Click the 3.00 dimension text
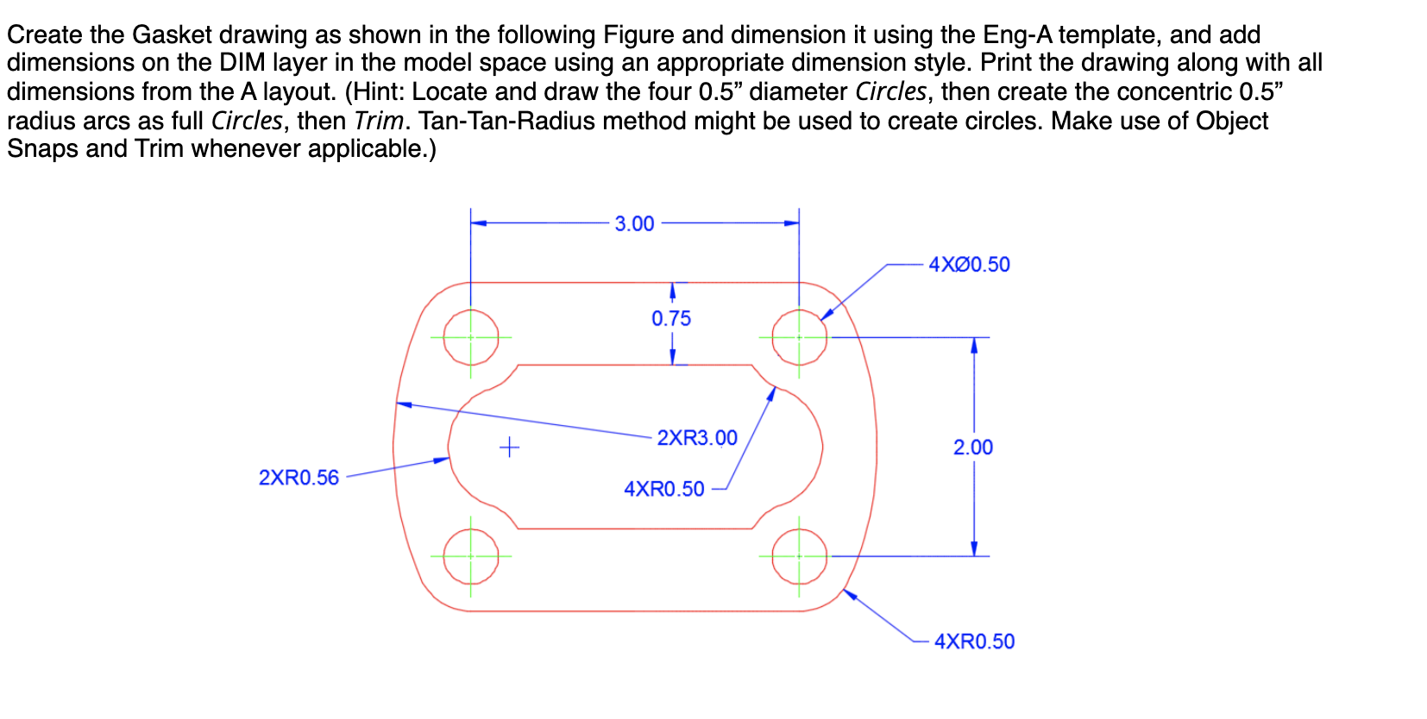634,224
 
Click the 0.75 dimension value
671,319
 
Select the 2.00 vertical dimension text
972,447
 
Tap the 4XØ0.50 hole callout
969,265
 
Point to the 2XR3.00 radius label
697,438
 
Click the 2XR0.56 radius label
299,478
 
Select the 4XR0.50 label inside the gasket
663,489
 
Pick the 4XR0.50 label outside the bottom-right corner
974,641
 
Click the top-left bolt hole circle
471,337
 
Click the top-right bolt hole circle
799,337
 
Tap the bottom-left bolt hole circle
471,556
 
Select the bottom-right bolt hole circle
799,556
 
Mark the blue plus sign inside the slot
510,447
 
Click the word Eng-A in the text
1017,35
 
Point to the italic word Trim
378,121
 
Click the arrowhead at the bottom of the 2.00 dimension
974,549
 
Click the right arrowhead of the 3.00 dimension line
791,223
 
